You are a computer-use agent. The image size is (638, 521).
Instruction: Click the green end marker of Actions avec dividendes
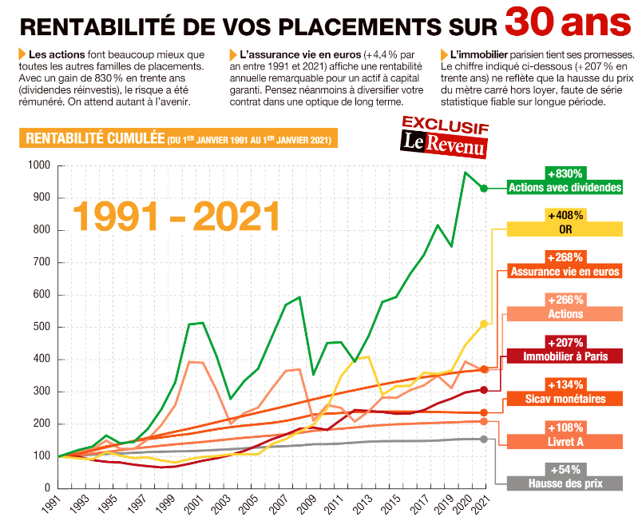tap(483, 188)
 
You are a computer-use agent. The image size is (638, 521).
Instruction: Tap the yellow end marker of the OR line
tap(483, 324)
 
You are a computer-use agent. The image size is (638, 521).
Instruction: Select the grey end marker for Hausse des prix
tap(483, 439)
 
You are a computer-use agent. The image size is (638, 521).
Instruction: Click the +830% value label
tap(565, 173)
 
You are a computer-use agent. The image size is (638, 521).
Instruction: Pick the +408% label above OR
tap(565, 215)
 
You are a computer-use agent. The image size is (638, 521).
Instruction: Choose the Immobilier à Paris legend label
tap(565, 356)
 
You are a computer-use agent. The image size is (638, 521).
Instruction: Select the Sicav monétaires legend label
tap(565, 399)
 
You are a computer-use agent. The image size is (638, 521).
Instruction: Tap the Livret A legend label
tap(565, 441)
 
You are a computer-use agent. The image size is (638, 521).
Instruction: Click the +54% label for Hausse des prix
tap(565, 469)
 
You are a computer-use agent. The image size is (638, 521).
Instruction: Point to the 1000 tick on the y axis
tap(39, 165)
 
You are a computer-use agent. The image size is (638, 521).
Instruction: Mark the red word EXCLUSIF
tap(445, 123)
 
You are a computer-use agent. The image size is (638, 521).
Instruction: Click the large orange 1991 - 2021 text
tap(176, 215)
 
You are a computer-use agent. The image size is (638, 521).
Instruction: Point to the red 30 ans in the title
tap(567, 22)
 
